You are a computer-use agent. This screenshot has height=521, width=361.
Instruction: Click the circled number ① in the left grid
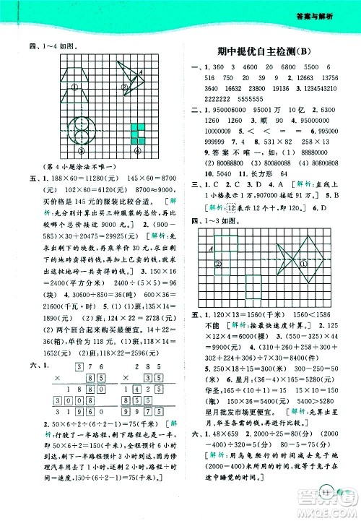pos(75,88)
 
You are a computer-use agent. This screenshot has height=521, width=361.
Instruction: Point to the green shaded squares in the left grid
pos(137,133)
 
